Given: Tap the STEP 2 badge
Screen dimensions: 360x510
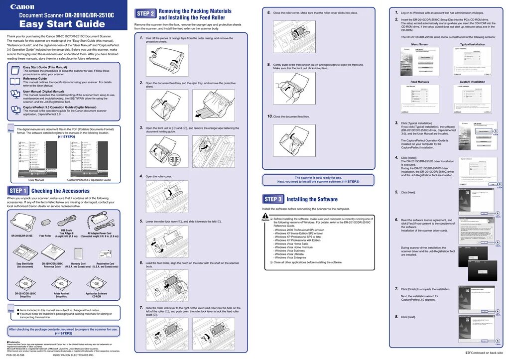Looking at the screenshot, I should tap(145, 13).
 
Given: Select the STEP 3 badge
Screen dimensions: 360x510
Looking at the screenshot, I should tap(273, 199).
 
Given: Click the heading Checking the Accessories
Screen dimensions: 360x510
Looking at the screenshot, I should tap(60, 191).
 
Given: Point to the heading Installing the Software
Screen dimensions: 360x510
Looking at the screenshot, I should tap(312, 199).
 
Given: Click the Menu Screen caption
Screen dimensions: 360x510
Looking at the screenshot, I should tap(419, 44).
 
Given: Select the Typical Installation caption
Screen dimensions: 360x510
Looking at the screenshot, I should tap(472, 44).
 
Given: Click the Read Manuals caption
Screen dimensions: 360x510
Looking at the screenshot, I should tap(419, 82).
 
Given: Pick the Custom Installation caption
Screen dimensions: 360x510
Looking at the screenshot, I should tap(472, 82).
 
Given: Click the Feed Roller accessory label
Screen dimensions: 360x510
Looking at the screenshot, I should tap(45, 236).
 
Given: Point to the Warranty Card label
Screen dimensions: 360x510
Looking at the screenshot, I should tap(78, 263).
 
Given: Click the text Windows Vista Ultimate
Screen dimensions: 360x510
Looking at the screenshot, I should tap(289, 254).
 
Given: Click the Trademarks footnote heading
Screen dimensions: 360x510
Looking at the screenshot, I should tap(14, 342).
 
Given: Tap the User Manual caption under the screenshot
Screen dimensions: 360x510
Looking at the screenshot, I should tap(36, 180).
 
